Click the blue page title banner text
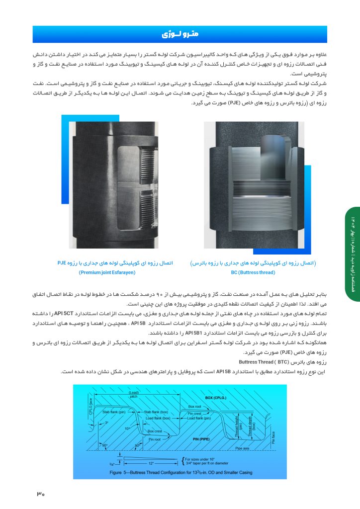click(x=180, y=34)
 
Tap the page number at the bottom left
click(x=40, y=495)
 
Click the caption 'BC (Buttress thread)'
click(x=254, y=272)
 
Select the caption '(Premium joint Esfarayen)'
click(x=107, y=272)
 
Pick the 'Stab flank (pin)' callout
click(x=114, y=412)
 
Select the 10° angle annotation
click(x=127, y=428)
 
